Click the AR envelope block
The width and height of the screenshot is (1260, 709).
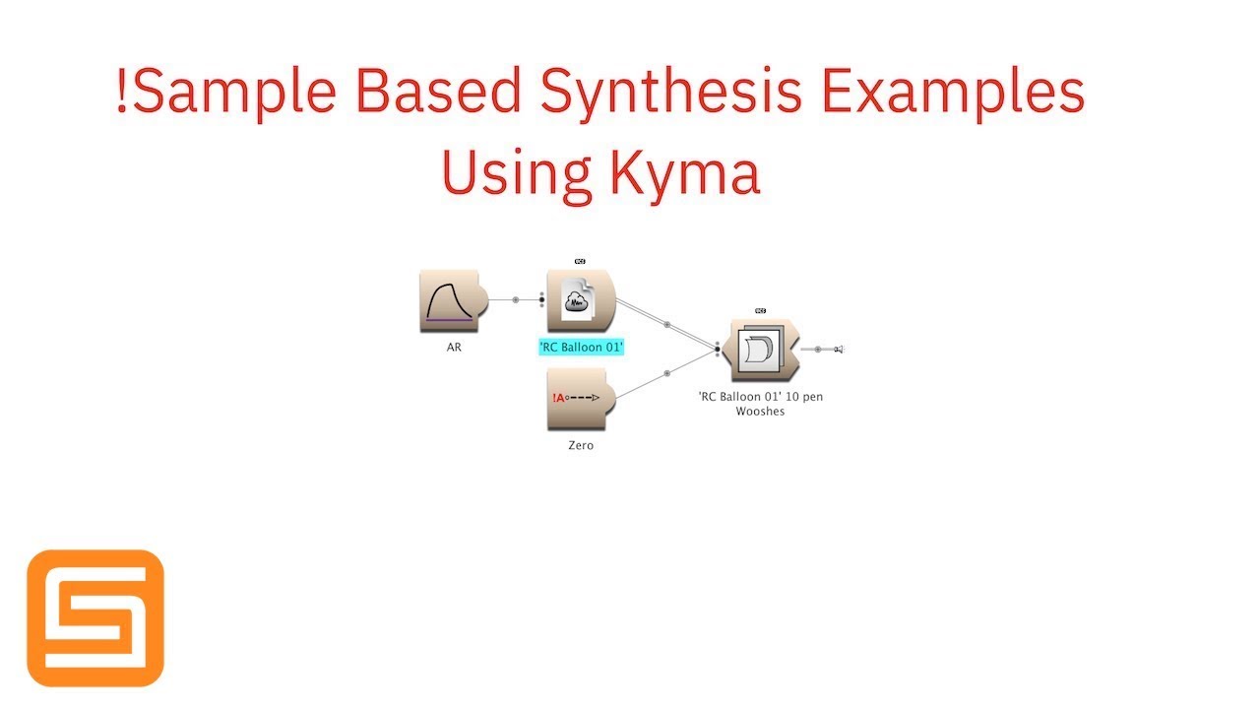[448, 301]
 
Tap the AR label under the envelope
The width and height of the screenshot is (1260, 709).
[454, 347]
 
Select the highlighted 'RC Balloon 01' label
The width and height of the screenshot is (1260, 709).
[582, 347]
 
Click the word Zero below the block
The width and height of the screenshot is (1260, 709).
[581, 445]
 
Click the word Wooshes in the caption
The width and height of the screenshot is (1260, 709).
[760, 412]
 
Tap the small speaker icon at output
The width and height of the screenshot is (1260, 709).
[840, 349]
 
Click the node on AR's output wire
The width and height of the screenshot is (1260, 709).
[515, 299]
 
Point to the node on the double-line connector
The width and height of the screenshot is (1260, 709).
[667, 324]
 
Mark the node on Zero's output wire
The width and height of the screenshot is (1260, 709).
[667, 373]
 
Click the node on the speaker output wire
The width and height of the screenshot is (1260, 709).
[818, 349]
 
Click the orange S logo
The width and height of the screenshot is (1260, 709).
[95, 617]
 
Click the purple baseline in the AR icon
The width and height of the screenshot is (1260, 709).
[449, 321]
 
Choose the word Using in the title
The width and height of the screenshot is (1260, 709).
[516, 173]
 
